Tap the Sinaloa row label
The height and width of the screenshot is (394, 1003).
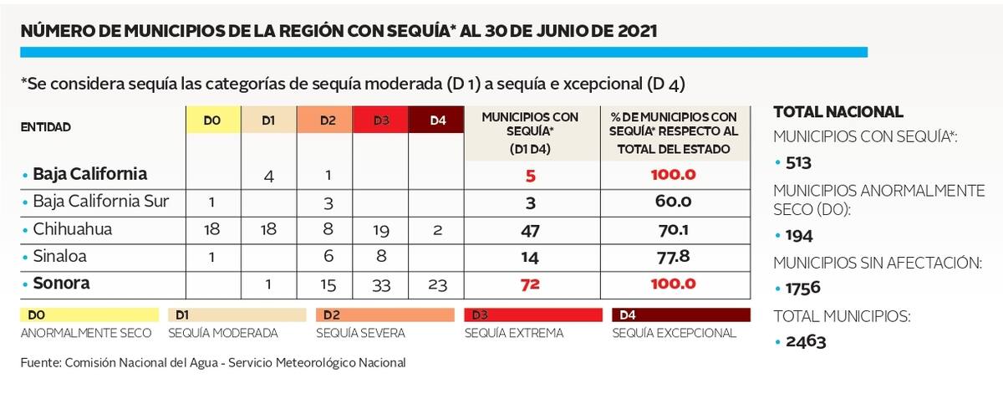[x=60, y=257]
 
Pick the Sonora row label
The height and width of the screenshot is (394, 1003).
[x=61, y=284]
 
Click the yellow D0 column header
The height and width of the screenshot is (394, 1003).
[x=211, y=121]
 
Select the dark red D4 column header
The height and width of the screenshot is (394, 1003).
[x=437, y=121]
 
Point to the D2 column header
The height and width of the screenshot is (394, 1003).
[x=327, y=121]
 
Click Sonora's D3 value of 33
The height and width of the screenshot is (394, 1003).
[x=382, y=285]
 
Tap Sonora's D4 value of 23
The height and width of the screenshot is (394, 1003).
[x=437, y=285]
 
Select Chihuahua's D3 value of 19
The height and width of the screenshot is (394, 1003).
[x=382, y=229]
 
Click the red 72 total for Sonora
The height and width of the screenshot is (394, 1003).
[x=530, y=285]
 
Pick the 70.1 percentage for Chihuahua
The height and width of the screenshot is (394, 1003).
[x=673, y=229]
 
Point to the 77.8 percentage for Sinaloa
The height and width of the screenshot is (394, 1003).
[x=673, y=257]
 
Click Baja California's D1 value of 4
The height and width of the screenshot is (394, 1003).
[x=268, y=176]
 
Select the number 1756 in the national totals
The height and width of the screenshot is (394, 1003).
[x=803, y=288]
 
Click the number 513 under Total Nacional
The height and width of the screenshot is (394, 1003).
[x=799, y=162]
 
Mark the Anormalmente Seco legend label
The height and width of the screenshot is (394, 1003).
[x=87, y=333]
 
